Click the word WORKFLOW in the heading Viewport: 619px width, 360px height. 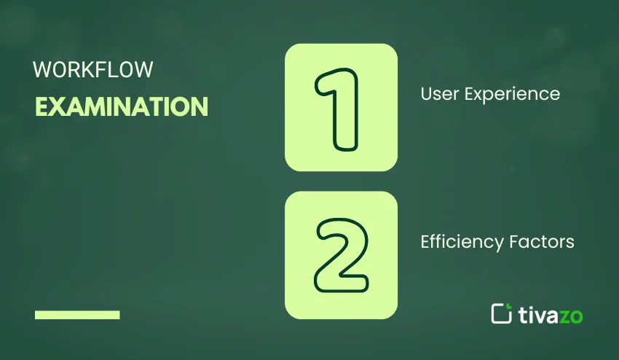(x=92, y=69)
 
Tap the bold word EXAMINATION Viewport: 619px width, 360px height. (x=122, y=106)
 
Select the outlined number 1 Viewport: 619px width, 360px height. (x=337, y=109)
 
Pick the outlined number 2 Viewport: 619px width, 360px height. (x=341, y=255)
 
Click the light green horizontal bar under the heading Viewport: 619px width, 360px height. (x=77, y=315)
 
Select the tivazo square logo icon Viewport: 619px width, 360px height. (x=501, y=314)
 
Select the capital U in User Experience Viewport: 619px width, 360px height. (x=425, y=94)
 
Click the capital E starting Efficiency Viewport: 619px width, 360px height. (x=425, y=242)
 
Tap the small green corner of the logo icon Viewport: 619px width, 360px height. (x=509, y=306)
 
